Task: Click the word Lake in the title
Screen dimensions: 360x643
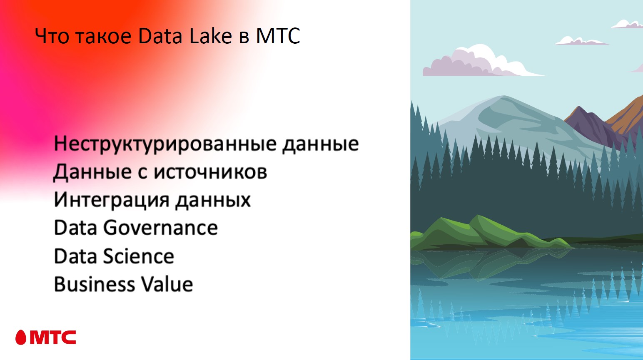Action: point(210,36)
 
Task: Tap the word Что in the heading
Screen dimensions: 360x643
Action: point(52,36)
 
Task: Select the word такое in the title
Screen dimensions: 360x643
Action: point(104,36)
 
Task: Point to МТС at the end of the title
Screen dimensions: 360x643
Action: point(278,36)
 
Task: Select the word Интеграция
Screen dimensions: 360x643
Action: point(111,200)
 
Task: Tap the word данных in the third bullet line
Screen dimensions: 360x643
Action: point(213,200)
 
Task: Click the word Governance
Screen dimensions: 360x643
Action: point(160,228)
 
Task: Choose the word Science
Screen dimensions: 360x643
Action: point(138,256)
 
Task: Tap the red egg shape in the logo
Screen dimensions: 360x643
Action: point(21,338)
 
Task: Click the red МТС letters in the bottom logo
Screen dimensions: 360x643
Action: point(53,338)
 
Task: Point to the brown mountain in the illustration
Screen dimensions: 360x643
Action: point(629,112)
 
